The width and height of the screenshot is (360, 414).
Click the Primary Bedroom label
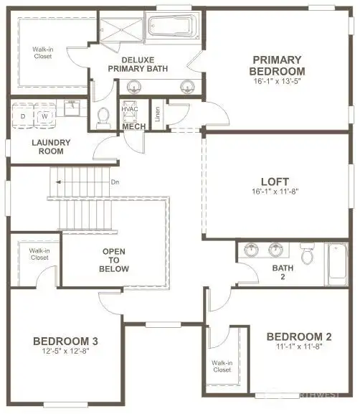[277, 65]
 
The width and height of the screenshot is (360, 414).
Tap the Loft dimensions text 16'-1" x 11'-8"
[275, 192]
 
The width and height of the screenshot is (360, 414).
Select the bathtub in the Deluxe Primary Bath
[173, 27]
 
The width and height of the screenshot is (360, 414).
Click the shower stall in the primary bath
[121, 29]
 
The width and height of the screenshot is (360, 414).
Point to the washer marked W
[45, 116]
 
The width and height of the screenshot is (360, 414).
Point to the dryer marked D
[23, 116]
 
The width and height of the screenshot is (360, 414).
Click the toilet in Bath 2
[307, 254]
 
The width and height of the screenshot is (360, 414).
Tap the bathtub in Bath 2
[338, 264]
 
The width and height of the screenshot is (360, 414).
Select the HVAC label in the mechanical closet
[130, 109]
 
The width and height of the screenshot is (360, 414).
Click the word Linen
[158, 114]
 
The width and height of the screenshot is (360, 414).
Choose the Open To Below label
[114, 260]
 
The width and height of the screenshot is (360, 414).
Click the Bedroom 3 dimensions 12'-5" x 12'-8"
[65, 351]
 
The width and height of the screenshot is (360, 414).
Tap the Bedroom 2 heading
[299, 337]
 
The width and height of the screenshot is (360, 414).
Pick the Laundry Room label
[51, 147]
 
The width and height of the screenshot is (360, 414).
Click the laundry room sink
[72, 108]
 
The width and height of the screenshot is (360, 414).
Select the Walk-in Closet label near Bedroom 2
[222, 366]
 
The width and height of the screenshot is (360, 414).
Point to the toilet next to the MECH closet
[103, 118]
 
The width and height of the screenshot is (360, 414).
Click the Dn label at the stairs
[115, 182]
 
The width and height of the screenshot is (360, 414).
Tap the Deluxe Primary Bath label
[138, 64]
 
